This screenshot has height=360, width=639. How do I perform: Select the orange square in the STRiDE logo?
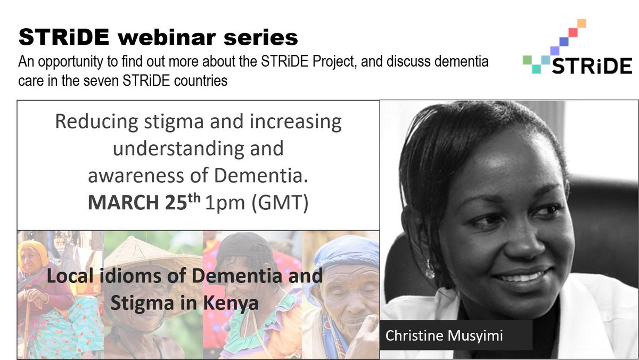pyautogui.click(x=581, y=23)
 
